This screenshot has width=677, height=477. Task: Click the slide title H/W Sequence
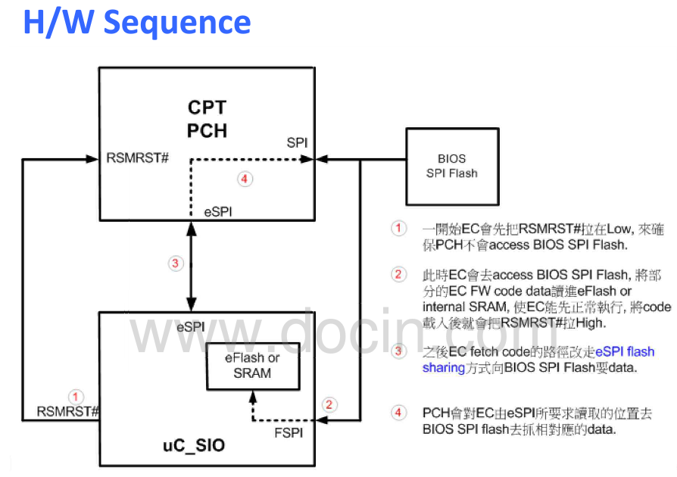pyautogui.click(x=136, y=23)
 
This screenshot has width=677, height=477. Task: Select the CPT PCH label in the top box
pyautogui.click(x=207, y=119)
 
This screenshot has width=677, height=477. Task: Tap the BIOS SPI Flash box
pyautogui.click(x=452, y=166)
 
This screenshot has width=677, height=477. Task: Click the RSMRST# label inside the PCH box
pyautogui.click(x=136, y=159)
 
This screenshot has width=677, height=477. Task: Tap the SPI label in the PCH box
pyautogui.click(x=298, y=142)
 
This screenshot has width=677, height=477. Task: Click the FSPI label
pyautogui.click(x=289, y=433)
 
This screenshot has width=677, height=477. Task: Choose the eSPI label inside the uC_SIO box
pyautogui.click(x=191, y=327)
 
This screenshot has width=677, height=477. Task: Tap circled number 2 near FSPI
pyautogui.click(x=328, y=404)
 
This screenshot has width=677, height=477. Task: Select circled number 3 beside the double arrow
pyautogui.click(x=175, y=263)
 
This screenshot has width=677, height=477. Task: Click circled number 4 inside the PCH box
pyautogui.click(x=243, y=179)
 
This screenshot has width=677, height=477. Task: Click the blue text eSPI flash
pyautogui.click(x=624, y=351)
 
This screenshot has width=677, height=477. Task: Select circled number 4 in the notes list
pyautogui.click(x=398, y=413)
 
